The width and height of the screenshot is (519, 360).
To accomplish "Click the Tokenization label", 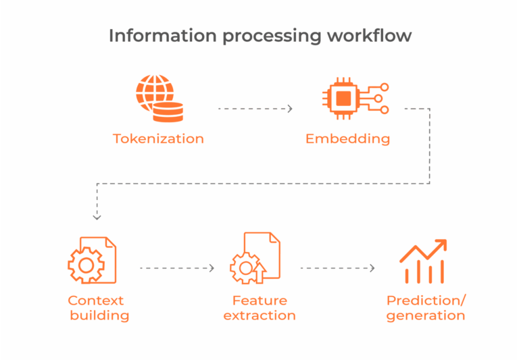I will [158, 139].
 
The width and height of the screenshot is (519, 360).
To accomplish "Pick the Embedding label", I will [347, 139].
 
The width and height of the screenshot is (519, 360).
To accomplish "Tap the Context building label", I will [98, 308].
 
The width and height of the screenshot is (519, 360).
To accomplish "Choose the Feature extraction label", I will [259, 308].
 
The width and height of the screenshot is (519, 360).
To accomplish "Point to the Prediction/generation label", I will [426, 308].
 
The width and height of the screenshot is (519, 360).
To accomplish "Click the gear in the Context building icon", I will [85, 265].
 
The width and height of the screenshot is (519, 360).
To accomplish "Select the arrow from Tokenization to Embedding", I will [255, 109].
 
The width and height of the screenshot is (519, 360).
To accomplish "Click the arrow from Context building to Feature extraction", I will [177, 268].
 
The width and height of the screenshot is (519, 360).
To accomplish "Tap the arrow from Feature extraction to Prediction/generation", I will [337, 268].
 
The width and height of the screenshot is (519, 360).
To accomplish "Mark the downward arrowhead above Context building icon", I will [97, 217].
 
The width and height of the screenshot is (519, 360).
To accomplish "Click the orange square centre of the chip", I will [344, 99].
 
